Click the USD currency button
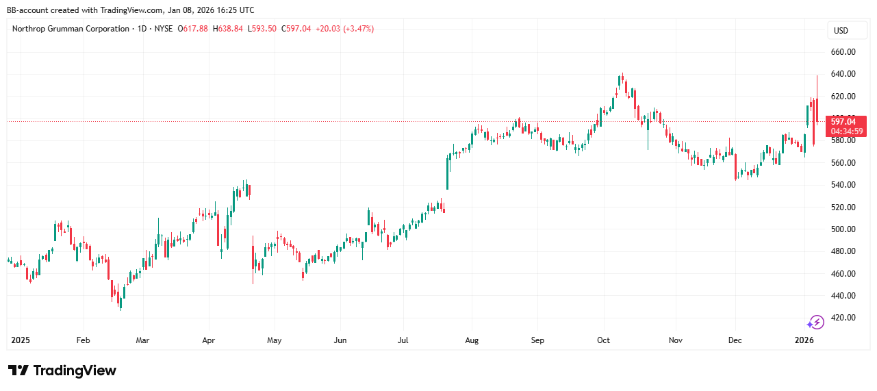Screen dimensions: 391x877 840,30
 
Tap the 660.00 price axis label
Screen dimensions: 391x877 844,52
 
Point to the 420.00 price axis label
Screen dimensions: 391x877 844,318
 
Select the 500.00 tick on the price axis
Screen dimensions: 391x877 844,229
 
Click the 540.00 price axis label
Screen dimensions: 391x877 844,185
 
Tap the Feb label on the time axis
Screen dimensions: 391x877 83,340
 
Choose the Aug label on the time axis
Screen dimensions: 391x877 472,340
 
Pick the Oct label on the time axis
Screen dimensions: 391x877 603,340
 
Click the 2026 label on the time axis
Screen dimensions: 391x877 804,340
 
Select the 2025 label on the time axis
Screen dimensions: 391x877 21,340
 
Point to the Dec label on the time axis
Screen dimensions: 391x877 735,340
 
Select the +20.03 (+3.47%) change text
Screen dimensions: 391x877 344,29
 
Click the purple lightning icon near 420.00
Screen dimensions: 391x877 815,323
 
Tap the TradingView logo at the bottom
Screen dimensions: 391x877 62,370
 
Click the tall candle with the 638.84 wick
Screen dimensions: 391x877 817,110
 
